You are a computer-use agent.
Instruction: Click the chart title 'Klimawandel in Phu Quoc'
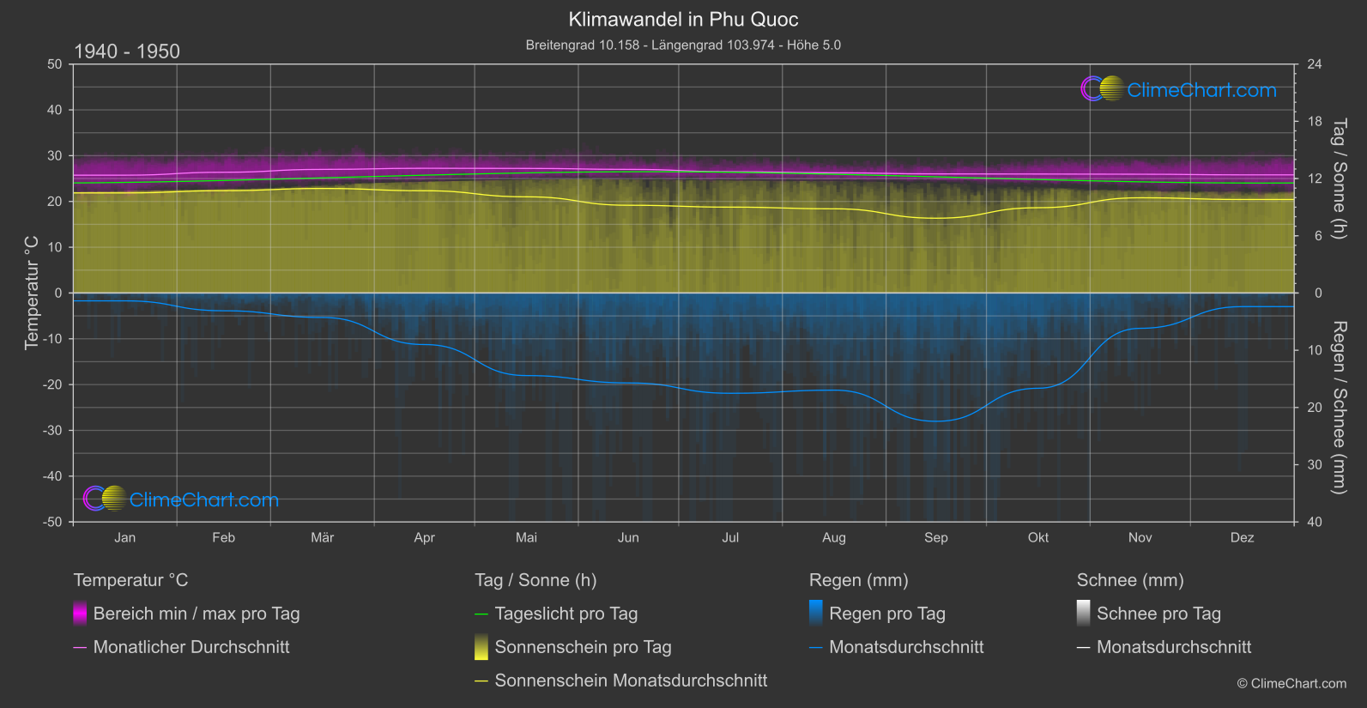[683, 20]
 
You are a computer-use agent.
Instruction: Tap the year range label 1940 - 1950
[127, 51]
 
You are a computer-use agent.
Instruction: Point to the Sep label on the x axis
[935, 538]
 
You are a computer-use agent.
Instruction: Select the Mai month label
[526, 538]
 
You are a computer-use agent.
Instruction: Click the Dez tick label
[1242, 538]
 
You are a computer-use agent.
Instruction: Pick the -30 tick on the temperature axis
[53, 431]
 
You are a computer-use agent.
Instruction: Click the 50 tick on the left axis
[55, 64]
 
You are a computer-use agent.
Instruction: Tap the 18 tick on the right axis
[1315, 122]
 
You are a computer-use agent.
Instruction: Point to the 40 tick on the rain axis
[1315, 522]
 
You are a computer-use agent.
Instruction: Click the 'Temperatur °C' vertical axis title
[32, 293]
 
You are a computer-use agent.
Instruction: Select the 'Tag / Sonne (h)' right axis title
[1339, 179]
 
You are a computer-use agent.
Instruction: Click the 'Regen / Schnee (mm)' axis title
[1339, 407]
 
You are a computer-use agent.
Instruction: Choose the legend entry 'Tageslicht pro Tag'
[566, 614]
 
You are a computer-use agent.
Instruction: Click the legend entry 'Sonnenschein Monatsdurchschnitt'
[631, 681]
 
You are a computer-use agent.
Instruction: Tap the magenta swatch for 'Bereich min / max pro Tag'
[80, 614]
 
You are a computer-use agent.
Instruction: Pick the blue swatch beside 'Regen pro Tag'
[816, 614]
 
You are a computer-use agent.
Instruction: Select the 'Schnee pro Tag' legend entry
[1158, 614]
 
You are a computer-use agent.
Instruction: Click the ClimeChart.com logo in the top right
[1179, 89]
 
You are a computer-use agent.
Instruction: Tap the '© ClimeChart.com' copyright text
[1291, 684]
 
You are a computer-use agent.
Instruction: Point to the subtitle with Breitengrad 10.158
[683, 45]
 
